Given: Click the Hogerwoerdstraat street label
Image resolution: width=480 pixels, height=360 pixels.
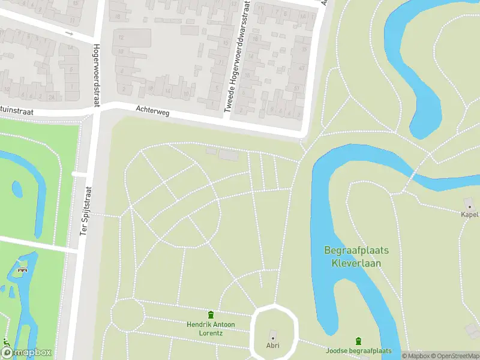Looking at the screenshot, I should point(95,76).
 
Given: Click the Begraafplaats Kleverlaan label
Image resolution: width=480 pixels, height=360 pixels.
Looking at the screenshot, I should point(356,256).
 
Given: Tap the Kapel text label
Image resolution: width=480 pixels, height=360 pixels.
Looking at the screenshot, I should point(469,214).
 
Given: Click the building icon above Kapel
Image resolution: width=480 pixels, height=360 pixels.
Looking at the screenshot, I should point(469,205).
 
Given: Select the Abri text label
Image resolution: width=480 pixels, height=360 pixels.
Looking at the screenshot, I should point(273,346).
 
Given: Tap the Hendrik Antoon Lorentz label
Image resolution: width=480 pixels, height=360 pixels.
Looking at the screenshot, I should point(211,328).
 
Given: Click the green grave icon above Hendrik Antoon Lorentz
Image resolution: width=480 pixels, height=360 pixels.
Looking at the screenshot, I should point(211,315).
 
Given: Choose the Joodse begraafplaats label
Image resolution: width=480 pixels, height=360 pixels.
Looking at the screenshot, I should point(358,351).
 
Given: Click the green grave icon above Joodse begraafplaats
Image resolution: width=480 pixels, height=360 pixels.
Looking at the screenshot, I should point(359,341).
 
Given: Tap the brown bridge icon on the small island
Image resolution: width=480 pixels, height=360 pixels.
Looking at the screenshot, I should point(23,269).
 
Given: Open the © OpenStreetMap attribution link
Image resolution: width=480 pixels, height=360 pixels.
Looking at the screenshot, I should point(455,356).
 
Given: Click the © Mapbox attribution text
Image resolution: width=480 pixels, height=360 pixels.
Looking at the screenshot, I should point(416,356).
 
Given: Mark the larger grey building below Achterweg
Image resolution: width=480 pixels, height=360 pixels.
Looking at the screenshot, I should point(229,155).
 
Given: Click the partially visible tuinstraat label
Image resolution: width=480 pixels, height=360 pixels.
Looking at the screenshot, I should point(16,112).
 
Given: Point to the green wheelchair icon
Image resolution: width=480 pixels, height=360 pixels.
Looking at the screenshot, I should point(7,346).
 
